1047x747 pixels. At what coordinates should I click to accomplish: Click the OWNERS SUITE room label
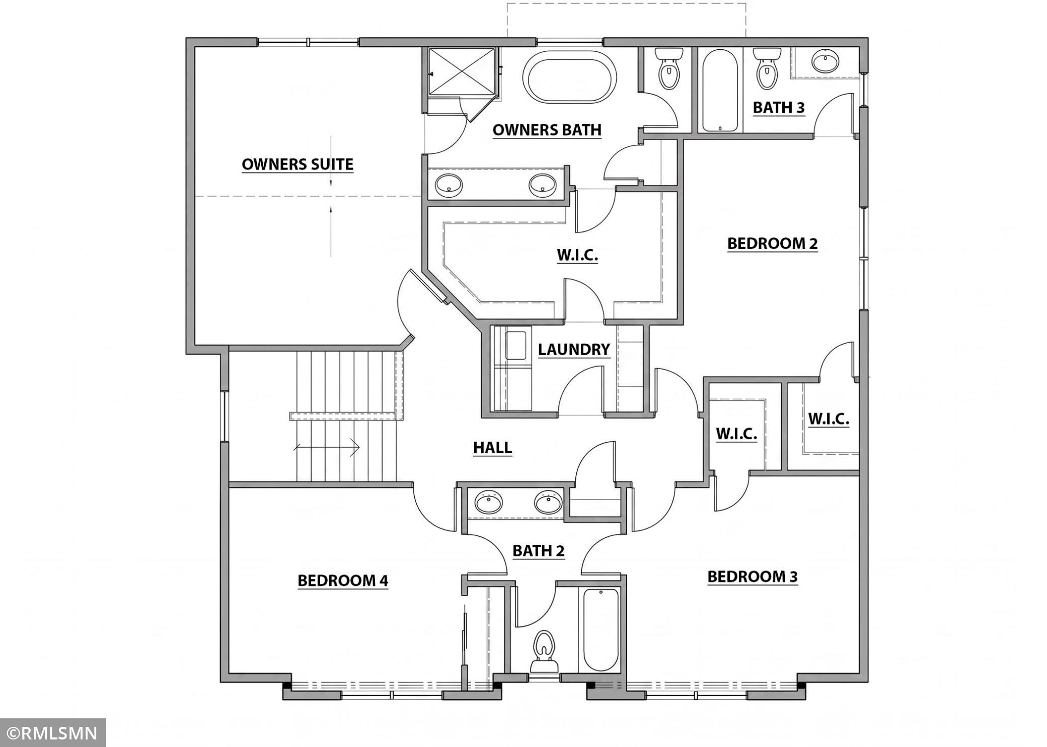coord(297,164)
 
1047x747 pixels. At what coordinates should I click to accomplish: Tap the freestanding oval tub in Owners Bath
coord(569,77)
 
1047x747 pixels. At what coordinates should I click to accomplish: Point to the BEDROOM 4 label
coord(343,580)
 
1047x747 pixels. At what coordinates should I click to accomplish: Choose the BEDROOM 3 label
coord(753,576)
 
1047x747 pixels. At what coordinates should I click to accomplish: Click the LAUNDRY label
coord(574,349)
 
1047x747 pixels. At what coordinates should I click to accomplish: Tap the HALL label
coord(493,447)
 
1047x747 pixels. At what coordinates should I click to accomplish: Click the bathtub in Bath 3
coord(720,91)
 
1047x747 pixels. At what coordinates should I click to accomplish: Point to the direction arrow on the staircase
coord(327,447)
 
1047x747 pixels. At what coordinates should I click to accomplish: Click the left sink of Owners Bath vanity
coord(448,185)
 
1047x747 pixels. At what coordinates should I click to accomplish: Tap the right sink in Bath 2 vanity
coord(548,502)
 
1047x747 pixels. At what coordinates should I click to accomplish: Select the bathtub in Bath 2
coord(601,629)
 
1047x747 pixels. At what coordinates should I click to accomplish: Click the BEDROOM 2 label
coord(773,243)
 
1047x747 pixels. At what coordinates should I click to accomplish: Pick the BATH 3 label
coord(779,107)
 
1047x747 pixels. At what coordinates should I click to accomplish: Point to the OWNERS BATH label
coord(547,130)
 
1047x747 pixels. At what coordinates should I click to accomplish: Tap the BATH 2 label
coord(539,551)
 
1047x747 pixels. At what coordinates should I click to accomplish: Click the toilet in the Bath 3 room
coord(767,69)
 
